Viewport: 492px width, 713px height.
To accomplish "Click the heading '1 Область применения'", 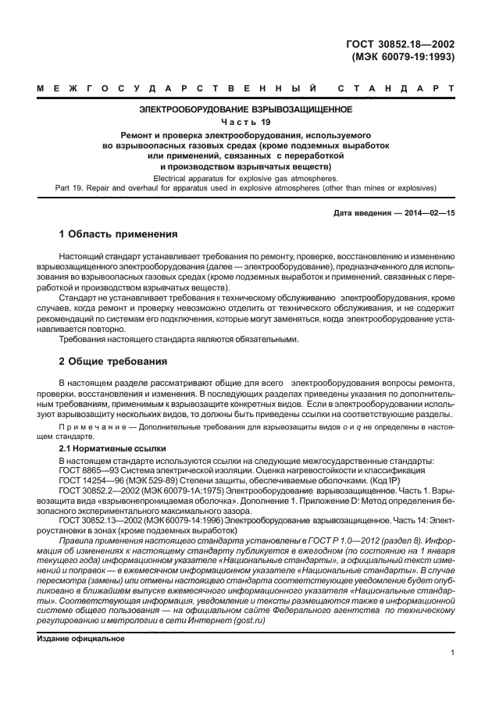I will click(119, 234).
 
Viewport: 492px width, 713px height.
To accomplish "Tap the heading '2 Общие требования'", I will click(114, 362).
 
